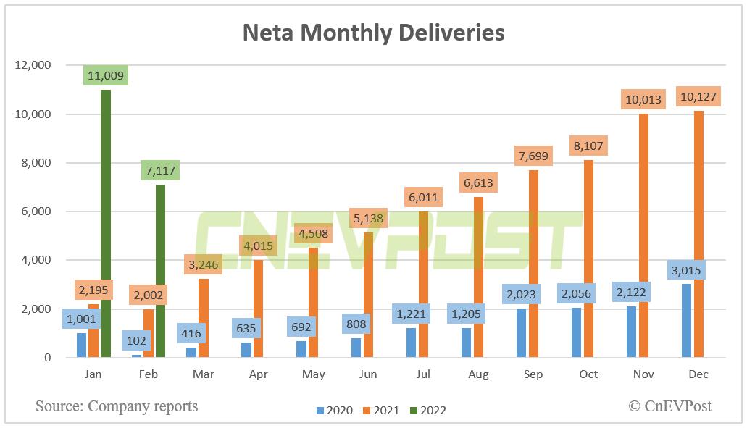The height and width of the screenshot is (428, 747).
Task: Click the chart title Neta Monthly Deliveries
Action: [373, 33]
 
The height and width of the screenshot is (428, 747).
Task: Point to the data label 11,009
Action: [105, 74]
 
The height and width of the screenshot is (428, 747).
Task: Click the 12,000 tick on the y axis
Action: [33, 65]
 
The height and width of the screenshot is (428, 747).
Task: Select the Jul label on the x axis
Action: [423, 374]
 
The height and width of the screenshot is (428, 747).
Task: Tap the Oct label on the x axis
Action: [588, 374]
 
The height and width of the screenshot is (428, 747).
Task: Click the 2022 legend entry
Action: [427, 411]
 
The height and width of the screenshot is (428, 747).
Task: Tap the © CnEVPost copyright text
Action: [670, 406]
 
